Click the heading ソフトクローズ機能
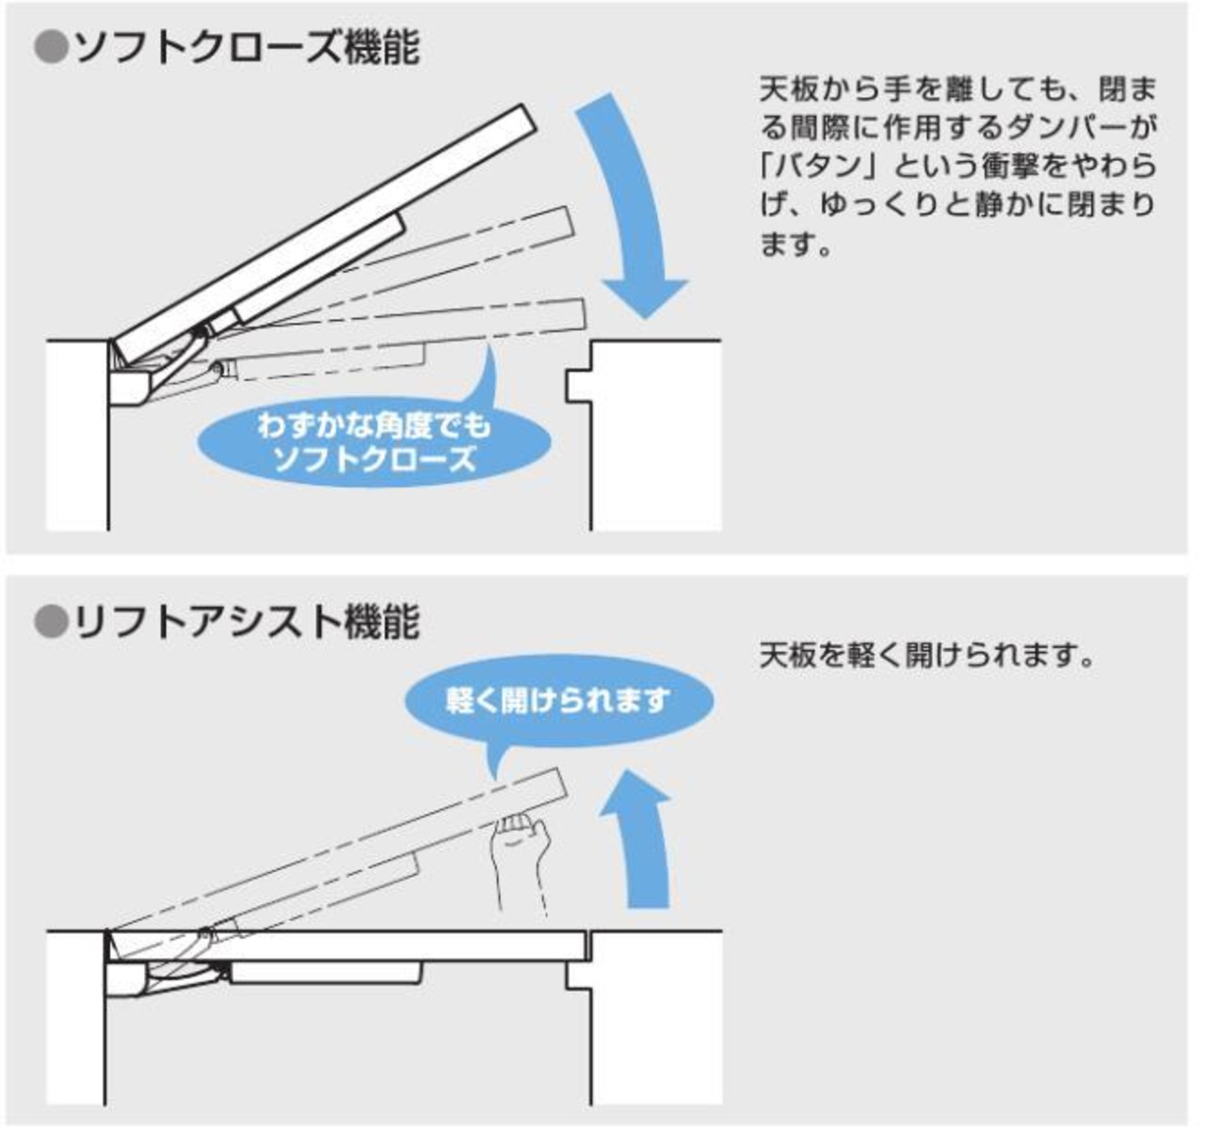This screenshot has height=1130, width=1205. click(x=245, y=48)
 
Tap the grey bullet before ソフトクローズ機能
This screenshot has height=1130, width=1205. click(x=51, y=48)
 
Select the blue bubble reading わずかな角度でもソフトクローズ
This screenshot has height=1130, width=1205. click(x=374, y=442)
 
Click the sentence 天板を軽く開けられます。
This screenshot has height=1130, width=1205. click(x=927, y=655)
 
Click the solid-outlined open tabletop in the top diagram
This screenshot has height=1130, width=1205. click(x=320, y=231)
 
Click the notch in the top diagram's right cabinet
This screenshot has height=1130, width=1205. click(x=575, y=385)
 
